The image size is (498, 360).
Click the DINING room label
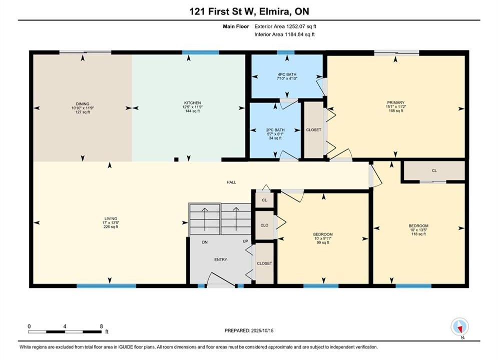click(x=83, y=103)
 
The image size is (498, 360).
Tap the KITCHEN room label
click(x=193, y=103)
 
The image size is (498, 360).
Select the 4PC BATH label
click(x=287, y=74)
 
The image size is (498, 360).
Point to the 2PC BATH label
click(x=275, y=130)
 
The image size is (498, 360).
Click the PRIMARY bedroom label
click(x=396, y=102)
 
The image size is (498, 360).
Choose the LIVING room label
click(x=111, y=218)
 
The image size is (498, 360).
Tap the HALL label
click(x=231, y=182)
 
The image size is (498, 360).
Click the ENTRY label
click(x=221, y=259)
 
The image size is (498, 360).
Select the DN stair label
click(x=205, y=242)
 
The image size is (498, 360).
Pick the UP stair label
click(x=246, y=241)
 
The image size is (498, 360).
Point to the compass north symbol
click(x=459, y=326)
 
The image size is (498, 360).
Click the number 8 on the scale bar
click(x=101, y=326)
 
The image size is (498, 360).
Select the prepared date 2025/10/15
click(x=262, y=330)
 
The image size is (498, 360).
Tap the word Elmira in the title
click(x=274, y=11)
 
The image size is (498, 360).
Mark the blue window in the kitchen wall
click(x=200, y=52)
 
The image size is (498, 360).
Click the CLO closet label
click(x=264, y=225)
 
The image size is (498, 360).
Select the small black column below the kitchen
click(x=176, y=159)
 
